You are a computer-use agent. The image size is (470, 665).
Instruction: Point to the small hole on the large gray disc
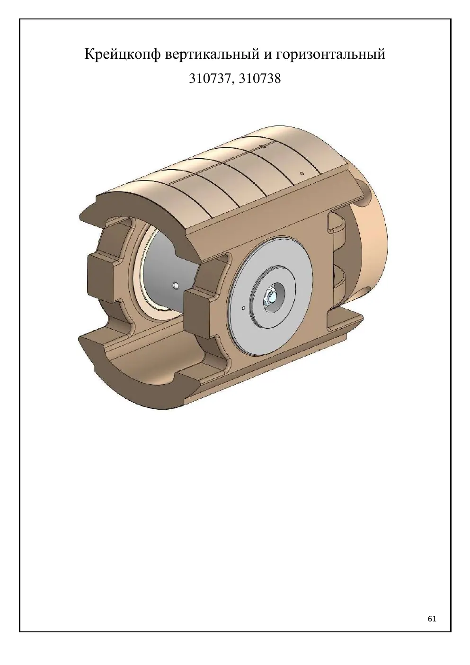click(243, 308)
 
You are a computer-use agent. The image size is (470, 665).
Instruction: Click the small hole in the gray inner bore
click(176, 286)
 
